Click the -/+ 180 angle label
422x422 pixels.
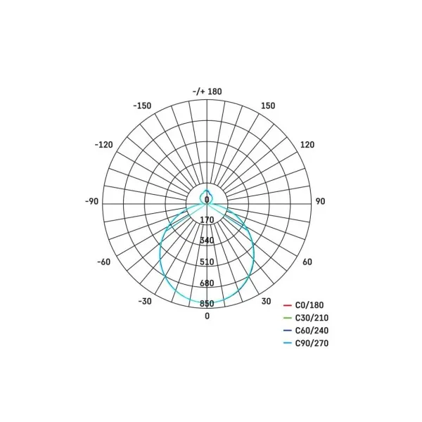click(207, 91)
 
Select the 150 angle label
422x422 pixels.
click(268, 105)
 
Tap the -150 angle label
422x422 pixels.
click(142, 105)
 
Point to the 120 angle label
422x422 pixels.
click(307, 145)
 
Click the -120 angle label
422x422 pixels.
click(103, 145)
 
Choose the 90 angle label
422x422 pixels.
click(320, 201)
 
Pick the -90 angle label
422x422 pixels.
click(91, 201)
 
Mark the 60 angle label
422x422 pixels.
click(307, 262)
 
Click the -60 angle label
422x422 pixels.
click(104, 262)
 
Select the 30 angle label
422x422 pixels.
click(266, 301)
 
